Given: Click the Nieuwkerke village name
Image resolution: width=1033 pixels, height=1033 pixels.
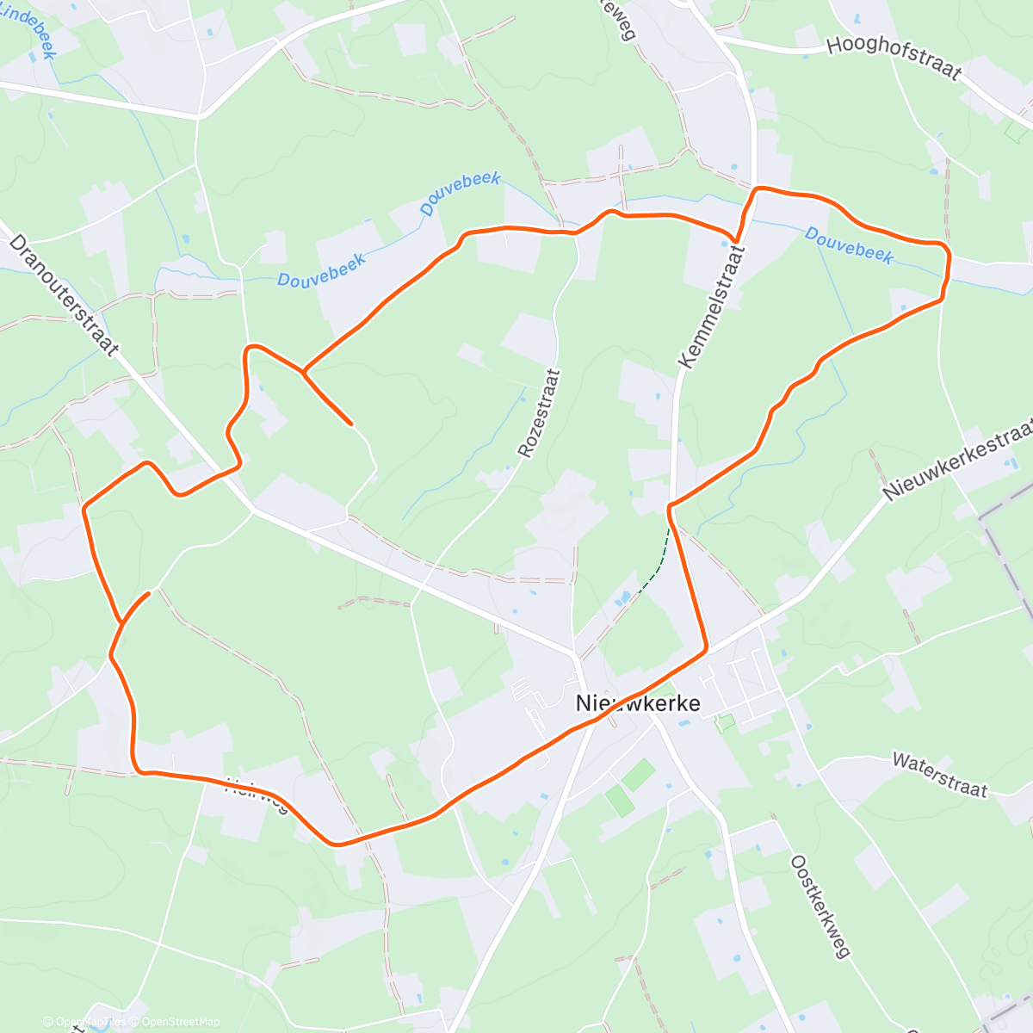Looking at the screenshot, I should click(x=638, y=703).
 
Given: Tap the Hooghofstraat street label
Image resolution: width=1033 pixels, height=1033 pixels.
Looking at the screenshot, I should click(x=894, y=57).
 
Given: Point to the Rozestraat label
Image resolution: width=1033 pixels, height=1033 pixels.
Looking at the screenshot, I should click(x=540, y=413).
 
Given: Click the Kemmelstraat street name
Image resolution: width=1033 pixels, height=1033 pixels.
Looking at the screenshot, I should click(x=711, y=306).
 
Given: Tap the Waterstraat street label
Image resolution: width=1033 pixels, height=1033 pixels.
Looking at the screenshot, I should click(x=939, y=774).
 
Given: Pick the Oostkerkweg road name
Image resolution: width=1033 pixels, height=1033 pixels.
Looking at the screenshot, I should click(x=820, y=906).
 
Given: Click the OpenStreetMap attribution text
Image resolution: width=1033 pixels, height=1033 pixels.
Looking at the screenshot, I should click(x=181, y=1022).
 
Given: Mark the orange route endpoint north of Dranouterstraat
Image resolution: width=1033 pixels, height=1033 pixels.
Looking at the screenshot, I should click(x=350, y=424).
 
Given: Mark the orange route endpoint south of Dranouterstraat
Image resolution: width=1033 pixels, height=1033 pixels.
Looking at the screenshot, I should click(x=149, y=593).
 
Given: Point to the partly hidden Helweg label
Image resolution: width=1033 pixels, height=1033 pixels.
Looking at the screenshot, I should click(x=256, y=795).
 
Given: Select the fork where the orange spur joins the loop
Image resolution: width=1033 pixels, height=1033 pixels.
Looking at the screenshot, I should click(x=303, y=373).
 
